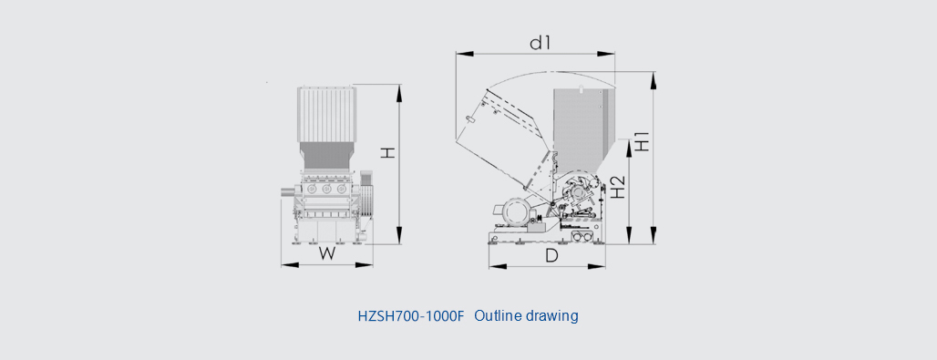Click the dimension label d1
pos(540,43)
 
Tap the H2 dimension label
pos(617,188)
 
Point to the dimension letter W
pos(326,253)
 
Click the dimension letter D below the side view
pos(552,255)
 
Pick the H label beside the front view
pos(389,153)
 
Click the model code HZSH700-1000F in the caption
pos(410,315)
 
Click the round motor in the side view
pos(515,212)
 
